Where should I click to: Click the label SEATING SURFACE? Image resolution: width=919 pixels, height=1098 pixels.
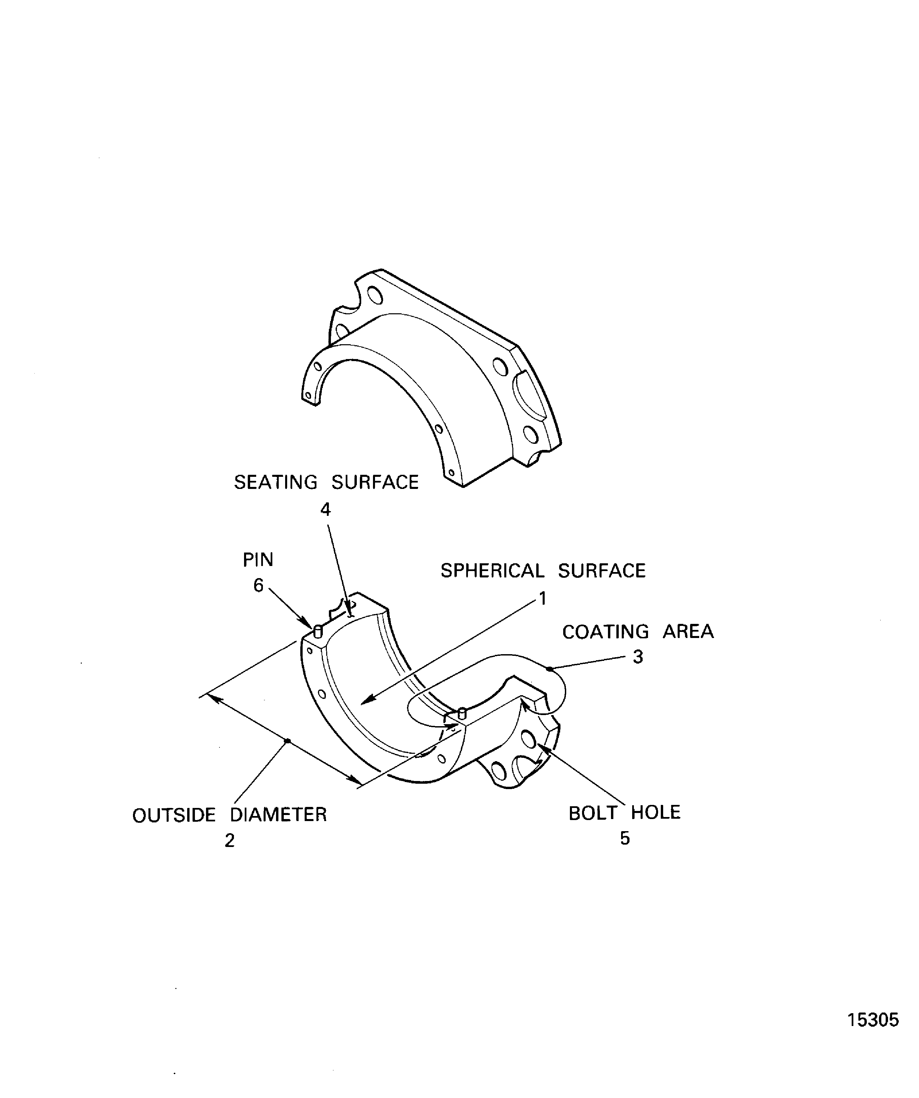point(326,482)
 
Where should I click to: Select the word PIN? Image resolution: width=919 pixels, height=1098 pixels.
point(258,560)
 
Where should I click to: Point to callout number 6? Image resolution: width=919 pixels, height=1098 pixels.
point(259,586)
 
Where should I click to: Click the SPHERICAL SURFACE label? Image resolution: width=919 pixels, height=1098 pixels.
point(543,570)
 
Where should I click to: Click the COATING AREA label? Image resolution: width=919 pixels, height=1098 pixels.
point(638,632)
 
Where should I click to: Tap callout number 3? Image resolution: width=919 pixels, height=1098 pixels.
point(638,657)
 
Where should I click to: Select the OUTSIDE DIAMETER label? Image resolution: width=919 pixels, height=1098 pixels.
point(229,815)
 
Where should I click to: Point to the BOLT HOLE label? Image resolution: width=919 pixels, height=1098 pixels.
point(624,813)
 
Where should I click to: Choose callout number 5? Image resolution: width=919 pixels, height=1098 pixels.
point(624,839)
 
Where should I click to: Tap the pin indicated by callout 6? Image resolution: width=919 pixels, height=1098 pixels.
point(317,632)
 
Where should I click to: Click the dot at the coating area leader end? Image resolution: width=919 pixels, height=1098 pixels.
point(549,669)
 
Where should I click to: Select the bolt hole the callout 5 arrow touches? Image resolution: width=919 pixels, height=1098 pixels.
point(528,739)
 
